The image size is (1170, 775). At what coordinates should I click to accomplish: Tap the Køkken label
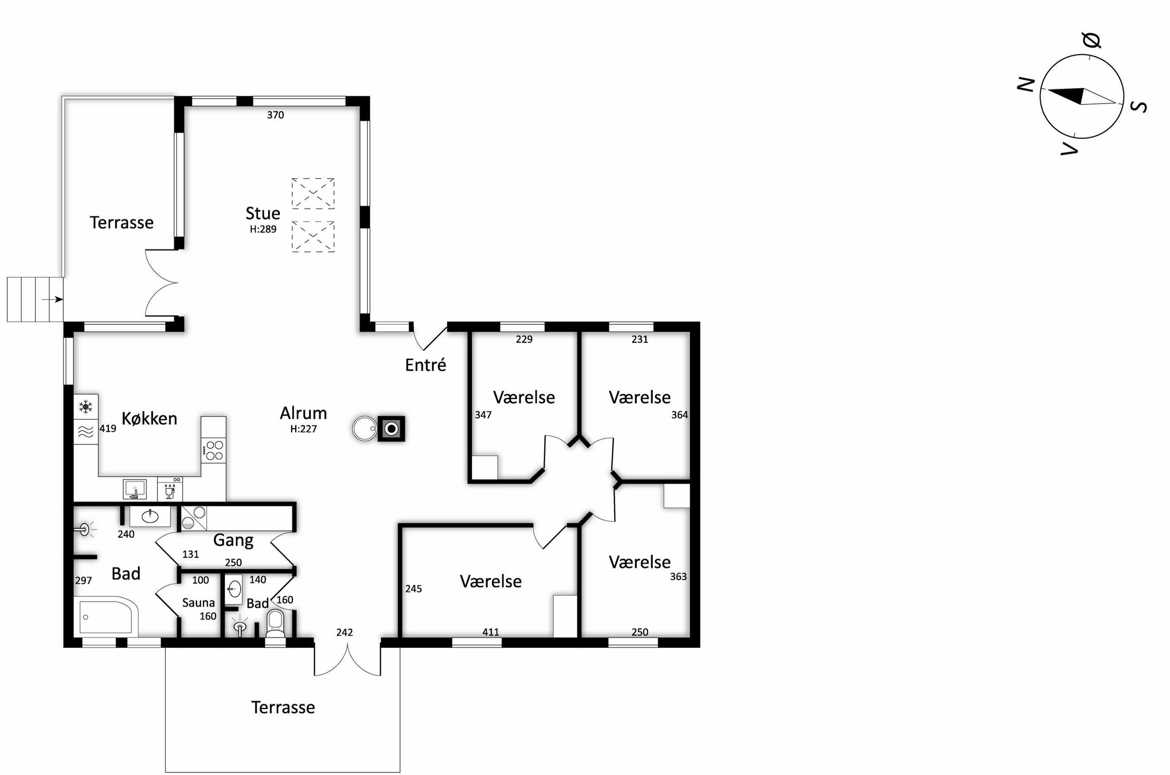pyautogui.click(x=149, y=419)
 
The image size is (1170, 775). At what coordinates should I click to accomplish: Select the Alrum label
pyautogui.click(x=303, y=413)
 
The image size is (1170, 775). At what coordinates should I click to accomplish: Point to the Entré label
pyautogui.click(x=426, y=365)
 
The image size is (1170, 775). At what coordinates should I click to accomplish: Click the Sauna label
pyautogui.click(x=198, y=603)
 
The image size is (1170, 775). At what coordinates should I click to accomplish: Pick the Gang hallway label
pyautogui.click(x=233, y=540)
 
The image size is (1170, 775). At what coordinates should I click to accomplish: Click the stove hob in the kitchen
pyautogui.click(x=214, y=450)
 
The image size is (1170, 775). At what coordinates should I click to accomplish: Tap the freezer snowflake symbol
pyautogui.click(x=85, y=407)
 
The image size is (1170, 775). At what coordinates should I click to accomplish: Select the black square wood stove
pyautogui.click(x=391, y=429)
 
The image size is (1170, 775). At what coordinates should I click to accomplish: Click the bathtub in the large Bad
pyautogui.click(x=106, y=616)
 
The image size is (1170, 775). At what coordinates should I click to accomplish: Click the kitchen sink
pyautogui.click(x=135, y=489)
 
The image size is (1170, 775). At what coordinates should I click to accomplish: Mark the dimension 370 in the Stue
pyautogui.click(x=275, y=115)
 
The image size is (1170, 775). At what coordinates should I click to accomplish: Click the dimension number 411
pyautogui.click(x=491, y=632)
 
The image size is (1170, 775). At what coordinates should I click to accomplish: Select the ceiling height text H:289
pyautogui.click(x=263, y=229)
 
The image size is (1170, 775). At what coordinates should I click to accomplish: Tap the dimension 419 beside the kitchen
pyautogui.click(x=108, y=429)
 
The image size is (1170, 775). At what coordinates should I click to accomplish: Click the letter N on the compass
pyautogui.click(x=1026, y=84)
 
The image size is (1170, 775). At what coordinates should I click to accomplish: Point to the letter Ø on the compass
pyautogui.click(x=1091, y=40)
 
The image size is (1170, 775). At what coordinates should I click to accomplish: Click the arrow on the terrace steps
pyautogui.click(x=52, y=299)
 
